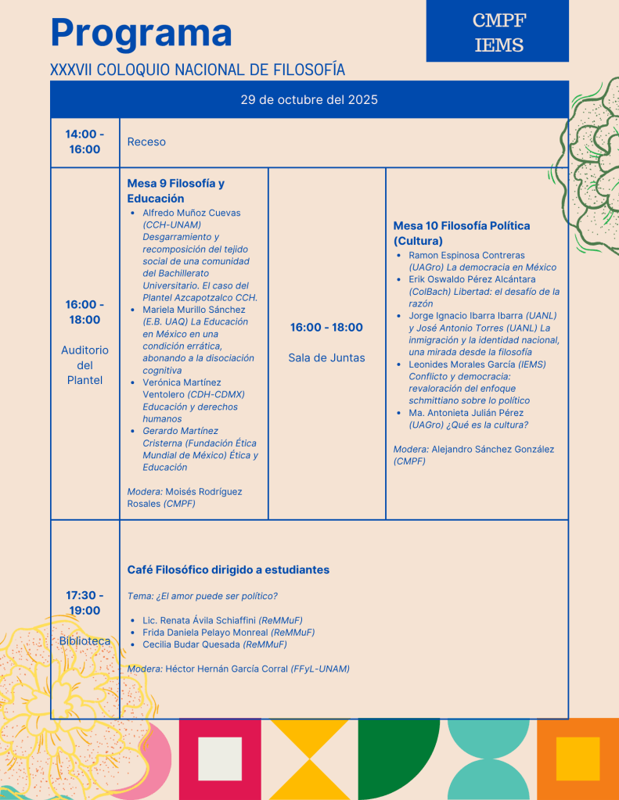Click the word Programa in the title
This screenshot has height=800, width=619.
[x=141, y=33]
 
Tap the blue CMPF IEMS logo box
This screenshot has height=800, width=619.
[x=498, y=31]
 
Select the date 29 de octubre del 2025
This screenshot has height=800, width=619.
[x=309, y=99]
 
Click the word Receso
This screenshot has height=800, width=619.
[x=146, y=142]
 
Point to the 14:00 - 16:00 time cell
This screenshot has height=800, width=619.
[x=85, y=142]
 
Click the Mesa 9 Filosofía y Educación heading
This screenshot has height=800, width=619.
[x=175, y=191]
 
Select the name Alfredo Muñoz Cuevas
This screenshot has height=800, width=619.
[x=192, y=213]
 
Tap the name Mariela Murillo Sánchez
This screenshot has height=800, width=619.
[x=194, y=310]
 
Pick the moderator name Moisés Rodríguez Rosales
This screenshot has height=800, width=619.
[x=185, y=497]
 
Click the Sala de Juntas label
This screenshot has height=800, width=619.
[x=326, y=358]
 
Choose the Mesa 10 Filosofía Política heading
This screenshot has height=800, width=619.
[x=461, y=233]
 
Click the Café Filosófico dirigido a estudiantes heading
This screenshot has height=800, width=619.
[x=228, y=570]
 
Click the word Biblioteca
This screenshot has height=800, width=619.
[x=85, y=641]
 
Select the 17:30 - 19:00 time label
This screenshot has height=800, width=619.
[x=85, y=603]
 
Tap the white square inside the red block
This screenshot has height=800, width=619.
[x=220, y=759]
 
